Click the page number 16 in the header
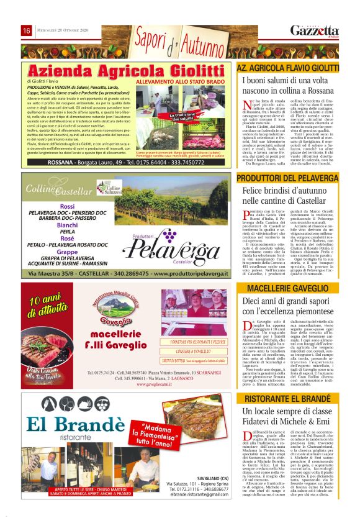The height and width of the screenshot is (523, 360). pyautogui.click(x=27, y=31)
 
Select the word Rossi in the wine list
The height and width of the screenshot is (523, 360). pyautogui.click(x=68, y=206)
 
